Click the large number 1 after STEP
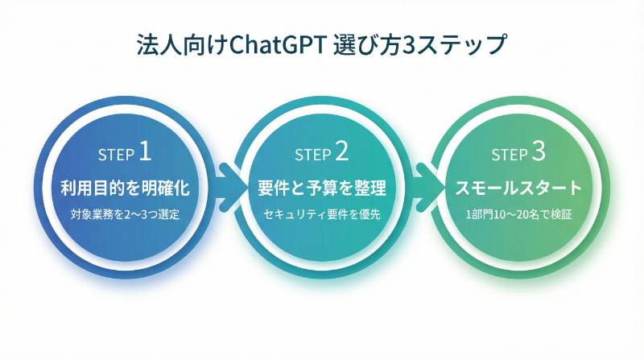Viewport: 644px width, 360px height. pyautogui.click(x=145, y=151)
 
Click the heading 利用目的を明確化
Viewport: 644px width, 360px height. pyautogui.click(x=125, y=188)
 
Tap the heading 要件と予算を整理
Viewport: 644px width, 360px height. pyautogui.click(x=322, y=188)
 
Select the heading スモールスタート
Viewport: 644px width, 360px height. pyautogui.click(x=518, y=188)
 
